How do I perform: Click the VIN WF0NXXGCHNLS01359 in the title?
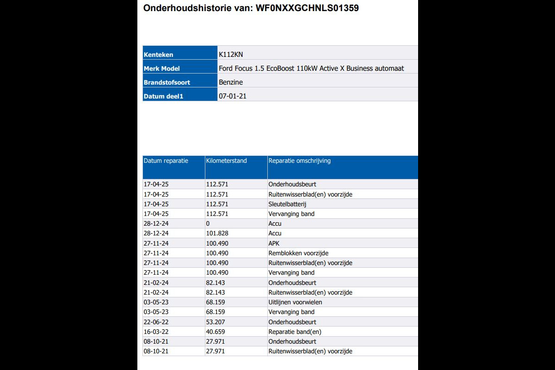[x=307, y=8]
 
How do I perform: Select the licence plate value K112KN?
[x=231, y=55]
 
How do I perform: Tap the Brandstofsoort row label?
[x=167, y=82]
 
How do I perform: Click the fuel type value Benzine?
[x=231, y=82]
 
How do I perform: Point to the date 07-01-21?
[x=233, y=96]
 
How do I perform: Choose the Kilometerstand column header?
[x=227, y=161]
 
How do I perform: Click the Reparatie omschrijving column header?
[x=299, y=161]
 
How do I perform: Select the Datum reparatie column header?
[x=166, y=161]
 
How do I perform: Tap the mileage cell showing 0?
[x=208, y=224]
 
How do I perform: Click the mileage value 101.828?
[x=217, y=234]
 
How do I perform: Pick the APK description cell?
[x=274, y=243]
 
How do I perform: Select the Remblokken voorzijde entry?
[x=298, y=253]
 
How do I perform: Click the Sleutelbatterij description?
[x=288, y=204]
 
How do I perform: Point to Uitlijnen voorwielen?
[x=295, y=302]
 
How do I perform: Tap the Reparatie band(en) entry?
[x=295, y=332]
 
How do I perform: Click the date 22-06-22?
[x=156, y=322]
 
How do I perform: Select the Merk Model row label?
[x=162, y=68]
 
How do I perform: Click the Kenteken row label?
[x=159, y=55]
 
